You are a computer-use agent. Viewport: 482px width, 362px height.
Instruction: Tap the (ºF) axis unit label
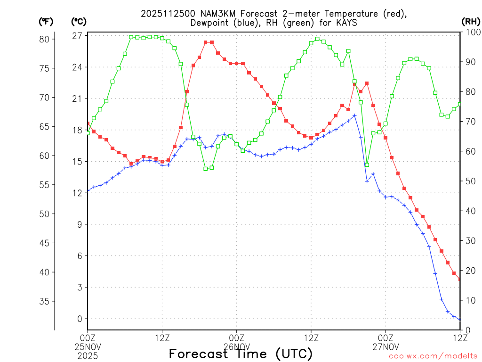(x=46, y=21)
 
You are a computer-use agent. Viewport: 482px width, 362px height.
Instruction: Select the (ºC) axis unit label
(x=79, y=21)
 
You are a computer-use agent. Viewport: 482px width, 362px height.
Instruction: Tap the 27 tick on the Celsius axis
(x=77, y=36)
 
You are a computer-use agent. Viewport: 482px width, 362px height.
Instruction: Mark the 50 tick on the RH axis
(x=469, y=181)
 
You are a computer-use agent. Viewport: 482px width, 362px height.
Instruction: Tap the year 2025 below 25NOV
(x=88, y=354)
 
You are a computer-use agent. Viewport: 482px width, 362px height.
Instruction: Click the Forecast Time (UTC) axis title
(x=241, y=354)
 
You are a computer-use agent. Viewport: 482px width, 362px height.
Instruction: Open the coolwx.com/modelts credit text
(x=433, y=356)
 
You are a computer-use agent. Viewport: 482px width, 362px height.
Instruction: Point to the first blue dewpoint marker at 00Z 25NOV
(x=88, y=191)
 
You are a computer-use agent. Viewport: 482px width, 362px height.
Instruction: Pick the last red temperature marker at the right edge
(x=460, y=279)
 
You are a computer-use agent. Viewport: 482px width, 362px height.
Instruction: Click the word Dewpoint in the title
(x=210, y=23)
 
